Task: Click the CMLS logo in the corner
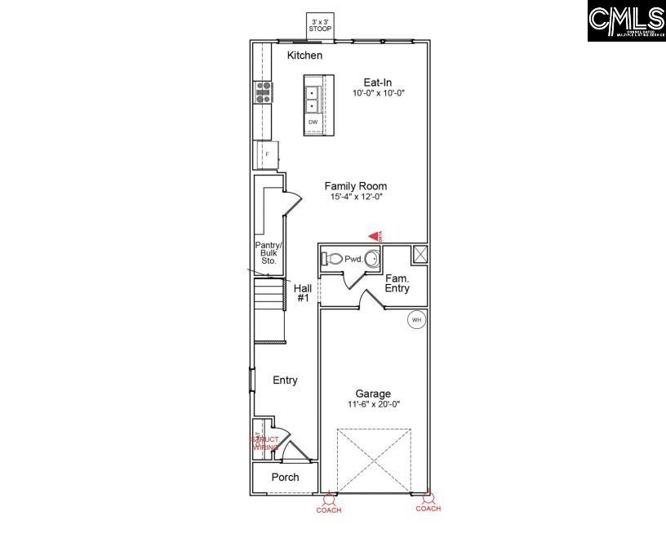point(626,21)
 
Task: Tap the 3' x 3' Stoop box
point(320,25)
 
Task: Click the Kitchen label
point(304,56)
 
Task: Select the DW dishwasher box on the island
point(313,122)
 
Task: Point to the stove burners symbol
point(264,91)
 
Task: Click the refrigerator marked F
point(267,154)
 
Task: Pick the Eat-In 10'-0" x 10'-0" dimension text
point(379,93)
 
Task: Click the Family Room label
point(355,186)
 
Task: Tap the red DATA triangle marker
point(375,235)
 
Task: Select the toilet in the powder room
point(333,259)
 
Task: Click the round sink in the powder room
point(371,260)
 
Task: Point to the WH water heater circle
point(416,319)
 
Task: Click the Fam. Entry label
point(397,283)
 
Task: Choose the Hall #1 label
point(302,293)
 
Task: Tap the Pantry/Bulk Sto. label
point(268,253)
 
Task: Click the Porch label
point(285,477)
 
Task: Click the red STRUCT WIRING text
point(265,443)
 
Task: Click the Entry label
point(285,380)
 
